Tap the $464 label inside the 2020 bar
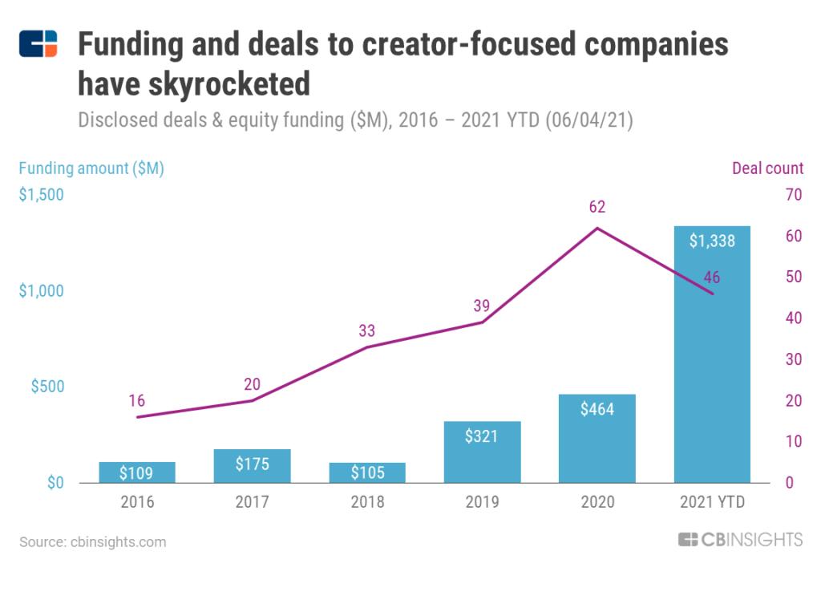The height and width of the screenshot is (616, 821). (597, 409)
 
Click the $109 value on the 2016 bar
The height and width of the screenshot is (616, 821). (137, 473)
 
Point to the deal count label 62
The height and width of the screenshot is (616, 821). (597, 207)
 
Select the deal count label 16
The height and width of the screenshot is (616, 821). (137, 401)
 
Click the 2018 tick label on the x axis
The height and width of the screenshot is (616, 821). (367, 503)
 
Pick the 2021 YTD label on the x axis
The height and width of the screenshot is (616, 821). (712, 503)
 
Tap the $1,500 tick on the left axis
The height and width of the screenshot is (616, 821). (42, 194)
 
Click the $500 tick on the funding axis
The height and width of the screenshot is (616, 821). (47, 387)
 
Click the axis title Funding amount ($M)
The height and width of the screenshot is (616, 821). (91, 168)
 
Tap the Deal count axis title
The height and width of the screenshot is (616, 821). (767, 168)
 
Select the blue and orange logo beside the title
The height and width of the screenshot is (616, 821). (38, 44)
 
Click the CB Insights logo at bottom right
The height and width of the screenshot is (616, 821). (740, 540)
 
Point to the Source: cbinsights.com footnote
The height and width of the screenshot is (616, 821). (93, 542)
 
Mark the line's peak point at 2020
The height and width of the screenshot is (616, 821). (597, 228)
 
